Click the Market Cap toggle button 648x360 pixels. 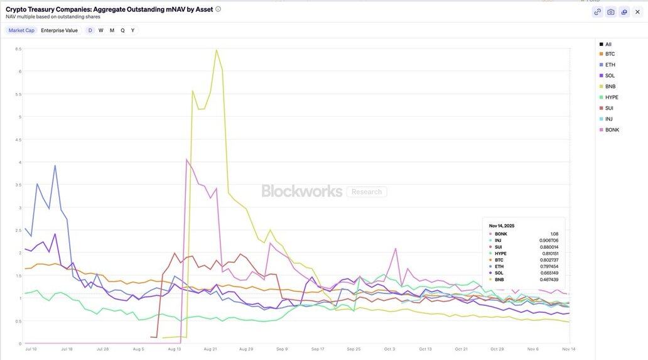21,30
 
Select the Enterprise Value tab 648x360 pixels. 59,30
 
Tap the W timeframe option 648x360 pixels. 100,30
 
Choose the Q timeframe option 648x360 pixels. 122,30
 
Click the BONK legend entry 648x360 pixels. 612,129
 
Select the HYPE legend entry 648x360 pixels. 611,97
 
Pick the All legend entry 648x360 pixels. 608,44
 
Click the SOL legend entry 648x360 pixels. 610,75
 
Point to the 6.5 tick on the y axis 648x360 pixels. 19,48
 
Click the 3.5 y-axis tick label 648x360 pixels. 19,185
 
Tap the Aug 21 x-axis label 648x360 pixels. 210,349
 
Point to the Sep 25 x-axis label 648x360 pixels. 354,349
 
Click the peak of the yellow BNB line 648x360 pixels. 216,50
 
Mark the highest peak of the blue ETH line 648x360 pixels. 55,166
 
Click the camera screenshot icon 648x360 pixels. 610,11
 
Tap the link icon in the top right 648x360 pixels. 597,11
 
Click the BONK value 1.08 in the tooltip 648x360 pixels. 553,234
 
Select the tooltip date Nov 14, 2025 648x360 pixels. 502,226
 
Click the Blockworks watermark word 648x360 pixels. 302,191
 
